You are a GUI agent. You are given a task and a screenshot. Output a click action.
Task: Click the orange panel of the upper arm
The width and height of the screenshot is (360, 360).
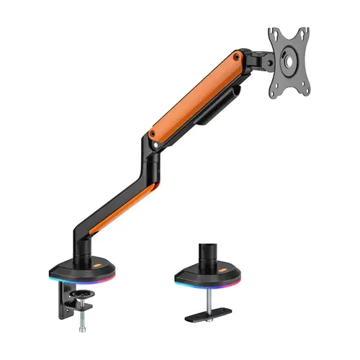pyautogui.click(x=194, y=94)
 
